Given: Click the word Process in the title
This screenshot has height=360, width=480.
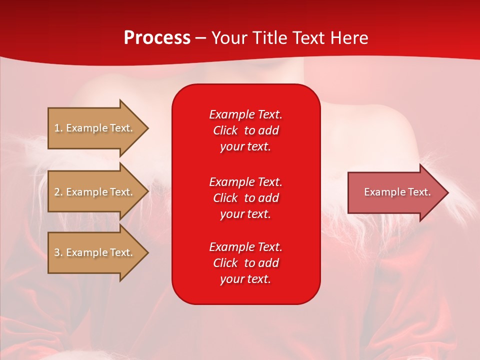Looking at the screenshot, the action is [x=157, y=38].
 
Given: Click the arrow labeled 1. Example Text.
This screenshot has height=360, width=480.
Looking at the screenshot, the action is [x=98, y=128].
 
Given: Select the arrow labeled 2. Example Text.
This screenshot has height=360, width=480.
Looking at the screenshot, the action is [x=98, y=191].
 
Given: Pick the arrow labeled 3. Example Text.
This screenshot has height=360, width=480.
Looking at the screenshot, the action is [x=98, y=252].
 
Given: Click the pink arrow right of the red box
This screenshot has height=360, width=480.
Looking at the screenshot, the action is [x=398, y=192].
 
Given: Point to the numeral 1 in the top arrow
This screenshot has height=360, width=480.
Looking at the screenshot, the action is [x=56, y=128].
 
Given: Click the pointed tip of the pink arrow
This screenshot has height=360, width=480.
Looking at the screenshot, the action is [x=448, y=192].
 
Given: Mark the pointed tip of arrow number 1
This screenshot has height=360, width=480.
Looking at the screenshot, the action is [x=148, y=128].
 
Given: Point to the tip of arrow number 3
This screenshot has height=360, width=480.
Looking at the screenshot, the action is [x=148, y=252].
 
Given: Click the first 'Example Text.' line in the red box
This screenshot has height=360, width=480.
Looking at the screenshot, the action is [x=246, y=114].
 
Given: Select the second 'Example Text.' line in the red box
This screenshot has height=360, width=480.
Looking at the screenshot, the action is [x=246, y=182].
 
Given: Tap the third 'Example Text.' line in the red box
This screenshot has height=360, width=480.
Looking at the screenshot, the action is [x=246, y=247].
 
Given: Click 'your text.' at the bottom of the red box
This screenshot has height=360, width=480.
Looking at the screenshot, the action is [x=245, y=279].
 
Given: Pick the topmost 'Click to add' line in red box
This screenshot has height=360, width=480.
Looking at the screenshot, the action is [x=246, y=130].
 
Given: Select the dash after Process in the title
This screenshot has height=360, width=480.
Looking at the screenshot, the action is [x=201, y=39].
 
